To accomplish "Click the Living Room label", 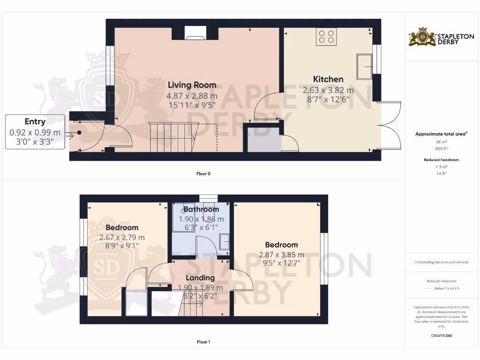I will tap(192, 85).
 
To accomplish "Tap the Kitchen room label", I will tap(328, 79).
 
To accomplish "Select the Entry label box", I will tap(35, 132).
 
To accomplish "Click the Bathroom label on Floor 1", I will tap(201, 209).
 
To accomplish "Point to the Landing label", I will tap(200, 278).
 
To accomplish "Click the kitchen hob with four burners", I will tap(326, 37).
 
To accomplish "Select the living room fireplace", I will tap(195, 32).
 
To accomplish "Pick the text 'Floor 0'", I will tap(203, 173).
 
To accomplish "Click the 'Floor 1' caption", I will tap(203, 342).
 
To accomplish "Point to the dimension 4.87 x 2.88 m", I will tap(192, 96).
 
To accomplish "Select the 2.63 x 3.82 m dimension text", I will tap(328, 90).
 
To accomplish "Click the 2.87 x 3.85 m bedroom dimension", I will tap(281, 255).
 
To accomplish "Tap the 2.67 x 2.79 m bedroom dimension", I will tap(122, 238).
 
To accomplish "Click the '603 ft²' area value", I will tap(441, 148).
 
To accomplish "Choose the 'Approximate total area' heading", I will tap(441, 134).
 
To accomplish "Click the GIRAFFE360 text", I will tap(441, 336).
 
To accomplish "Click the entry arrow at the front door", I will tap(69, 136).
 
